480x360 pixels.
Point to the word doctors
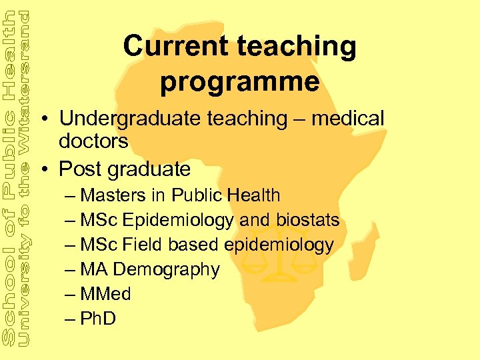(93, 141)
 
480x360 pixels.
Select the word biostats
(309, 220)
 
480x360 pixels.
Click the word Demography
(166, 270)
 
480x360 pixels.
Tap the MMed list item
(105, 294)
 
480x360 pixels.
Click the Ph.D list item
(97, 319)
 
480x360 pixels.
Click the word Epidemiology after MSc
(178, 220)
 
